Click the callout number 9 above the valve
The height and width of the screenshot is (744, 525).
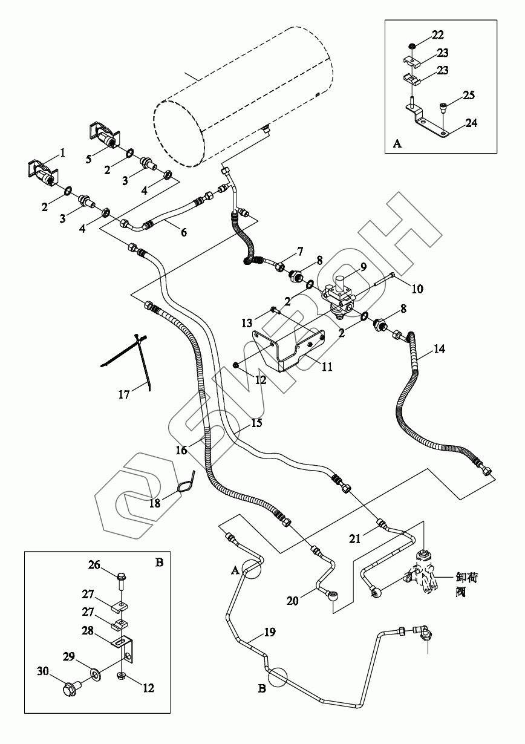(x=363, y=267)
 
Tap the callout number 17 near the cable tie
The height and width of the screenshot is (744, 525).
(x=124, y=395)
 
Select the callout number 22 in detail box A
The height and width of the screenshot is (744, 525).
(x=438, y=34)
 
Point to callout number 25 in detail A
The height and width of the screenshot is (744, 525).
(x=469, y=95)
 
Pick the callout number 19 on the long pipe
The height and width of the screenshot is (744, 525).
(x=270, y=632)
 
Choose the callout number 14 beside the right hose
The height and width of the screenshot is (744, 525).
(x=439, y=349)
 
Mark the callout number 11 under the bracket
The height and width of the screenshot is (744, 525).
(x=327, y=367)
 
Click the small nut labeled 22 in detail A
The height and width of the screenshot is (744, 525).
(x=411, y=45)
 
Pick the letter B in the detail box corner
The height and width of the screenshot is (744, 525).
(x=160, y=563)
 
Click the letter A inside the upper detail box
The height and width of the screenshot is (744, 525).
(x=397, y=143)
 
